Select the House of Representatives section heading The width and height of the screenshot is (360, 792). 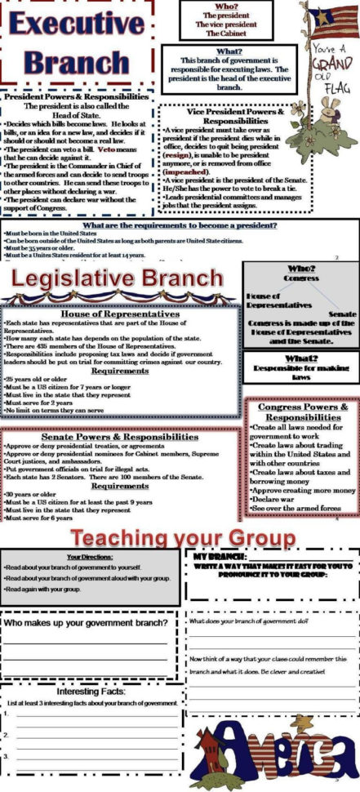[x=121, y=313]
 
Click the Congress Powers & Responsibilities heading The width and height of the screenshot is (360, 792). [x=303, y=411]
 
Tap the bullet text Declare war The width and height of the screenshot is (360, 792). [x=278, y=496]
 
